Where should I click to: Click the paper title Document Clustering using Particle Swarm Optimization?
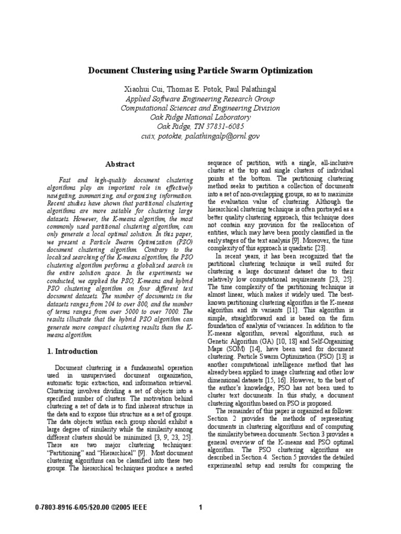point(200,70)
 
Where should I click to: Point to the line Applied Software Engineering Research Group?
point(200,99)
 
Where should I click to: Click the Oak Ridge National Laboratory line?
point(200,117)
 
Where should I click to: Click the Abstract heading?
point(120,164)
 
